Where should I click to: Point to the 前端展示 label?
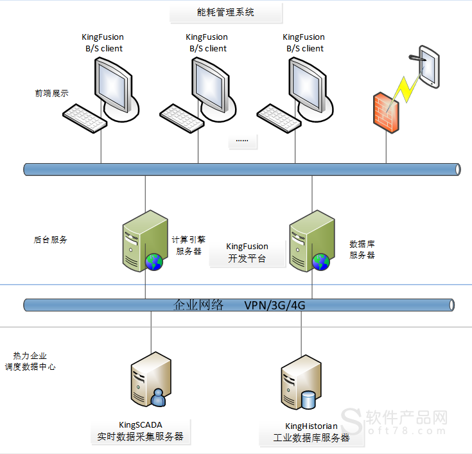coord(51,93)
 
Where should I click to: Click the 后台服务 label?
coord(50,240)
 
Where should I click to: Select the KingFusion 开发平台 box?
coord(247,252)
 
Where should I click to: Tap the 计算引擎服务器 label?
coord(189,245)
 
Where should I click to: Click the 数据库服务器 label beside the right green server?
coord(362,249)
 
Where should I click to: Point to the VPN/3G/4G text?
coord(274,305)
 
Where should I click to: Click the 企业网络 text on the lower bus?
coord(198,304)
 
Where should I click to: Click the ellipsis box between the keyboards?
coord(243,141)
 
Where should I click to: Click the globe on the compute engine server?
coord(154,261)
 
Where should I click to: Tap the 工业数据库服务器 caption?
coord(311,438)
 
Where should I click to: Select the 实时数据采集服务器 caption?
coord(140,436)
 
